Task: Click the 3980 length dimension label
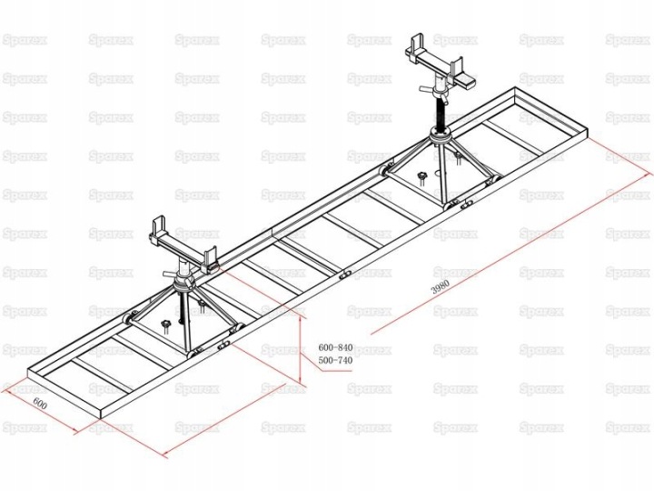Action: [x=440, y=286]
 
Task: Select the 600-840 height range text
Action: [x=335, y=347]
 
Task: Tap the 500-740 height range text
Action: [x=335, y=360]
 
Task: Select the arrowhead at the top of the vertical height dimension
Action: [x=301, y=318]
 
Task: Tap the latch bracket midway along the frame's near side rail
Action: [x=344, y=276]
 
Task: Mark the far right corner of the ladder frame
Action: [x=588, y=135]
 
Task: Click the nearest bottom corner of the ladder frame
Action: [x=102, y=416]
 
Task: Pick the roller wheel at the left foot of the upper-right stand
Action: [x=383, y=170]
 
